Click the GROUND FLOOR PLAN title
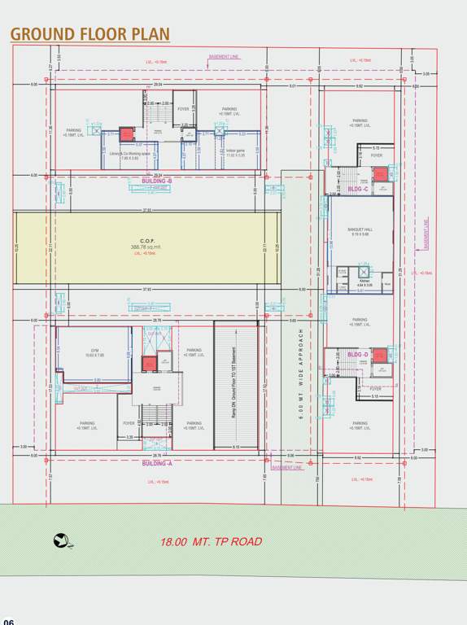tap(89, 33)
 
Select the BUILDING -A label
tap(157, 463)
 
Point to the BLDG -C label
tap(359, 189)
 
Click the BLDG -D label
tap(359, 355)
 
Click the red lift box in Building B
tap(127, 135)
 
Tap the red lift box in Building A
tap(150, 364)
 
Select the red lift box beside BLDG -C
tap(381, 175)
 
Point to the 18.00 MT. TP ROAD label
tap(211, 541)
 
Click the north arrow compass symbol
tap(61, 539)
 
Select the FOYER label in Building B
tap(183, 108)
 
